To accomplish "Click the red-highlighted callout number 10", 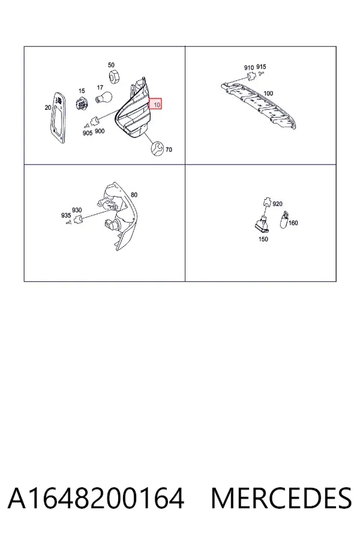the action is pyautogui.click(x=157, y=104).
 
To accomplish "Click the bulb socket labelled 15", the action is pyautogui.click(x=82, y=102).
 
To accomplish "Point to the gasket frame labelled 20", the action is pyautogui.click(x=58, y=118).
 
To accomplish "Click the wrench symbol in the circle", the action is pyautogui.click(x=157, y=149).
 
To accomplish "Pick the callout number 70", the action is pyautogui.click(x=169, y=150).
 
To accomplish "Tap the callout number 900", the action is pyautogui.click(x=100, y=131).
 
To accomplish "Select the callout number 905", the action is pyautogui.click(x=88, y=133).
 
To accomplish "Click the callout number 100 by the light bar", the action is pyautogui.click(x=268, y=94).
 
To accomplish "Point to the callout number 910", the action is pyautogui.click(x=249, y=68).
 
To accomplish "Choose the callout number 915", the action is pyautogui.click(x=261, y=67).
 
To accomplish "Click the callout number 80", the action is pyautogui.click(x=134, y=195).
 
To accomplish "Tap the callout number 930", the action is pyautogui.click(x=77, y=210).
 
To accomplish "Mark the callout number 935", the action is pyautogui.click(x=66, y=215).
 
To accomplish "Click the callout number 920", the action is pyautogui.click(x=277, y=204).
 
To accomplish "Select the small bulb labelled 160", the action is pyautogui.click(x=284, y=220).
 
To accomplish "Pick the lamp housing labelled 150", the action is pyautogui.click(x=263, y=224).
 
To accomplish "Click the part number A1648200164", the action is pyautogui.click(x=96, y=499).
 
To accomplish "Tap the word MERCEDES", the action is pyautogui.click(x=281, y=499).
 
